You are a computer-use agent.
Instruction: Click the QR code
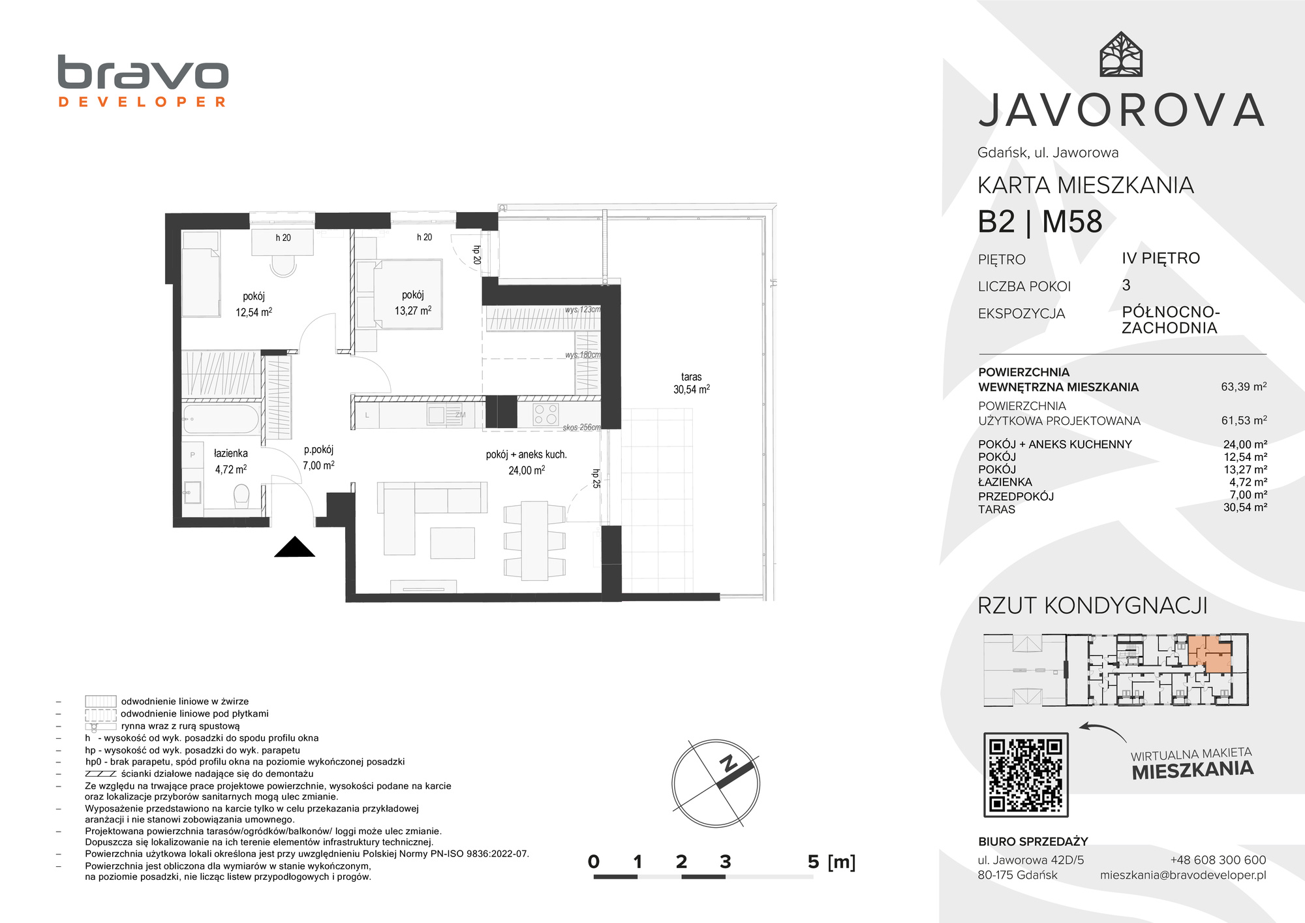1026,774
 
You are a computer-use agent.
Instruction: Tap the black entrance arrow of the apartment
295,547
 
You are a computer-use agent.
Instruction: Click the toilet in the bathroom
241,496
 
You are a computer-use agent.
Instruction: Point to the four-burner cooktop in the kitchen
546,414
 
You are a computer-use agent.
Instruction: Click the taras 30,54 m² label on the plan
692,383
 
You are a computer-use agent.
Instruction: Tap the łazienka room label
231,453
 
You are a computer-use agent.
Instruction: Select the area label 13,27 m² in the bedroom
413,311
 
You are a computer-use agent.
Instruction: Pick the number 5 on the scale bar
813,862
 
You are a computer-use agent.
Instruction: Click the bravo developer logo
143,81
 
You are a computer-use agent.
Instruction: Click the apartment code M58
1072,222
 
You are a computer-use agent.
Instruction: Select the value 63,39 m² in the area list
1244,386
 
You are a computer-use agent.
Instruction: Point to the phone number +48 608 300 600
1218,860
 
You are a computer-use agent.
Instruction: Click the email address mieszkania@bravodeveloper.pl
1183,875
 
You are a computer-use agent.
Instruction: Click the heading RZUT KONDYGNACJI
1092,606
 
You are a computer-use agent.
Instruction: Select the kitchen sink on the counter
437,414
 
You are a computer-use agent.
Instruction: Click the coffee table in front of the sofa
452,541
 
